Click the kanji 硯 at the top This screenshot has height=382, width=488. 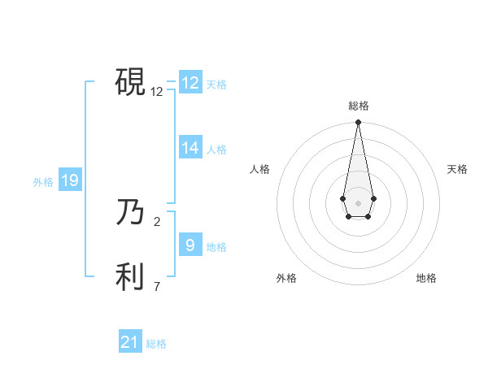click(130, 81)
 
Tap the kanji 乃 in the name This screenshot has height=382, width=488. click(130, 213)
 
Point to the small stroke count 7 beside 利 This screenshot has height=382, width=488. click(157, 286)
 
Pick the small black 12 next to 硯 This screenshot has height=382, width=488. click(157, 92)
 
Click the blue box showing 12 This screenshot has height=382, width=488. click(190, 83)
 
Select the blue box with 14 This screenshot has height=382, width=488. click(190, 148)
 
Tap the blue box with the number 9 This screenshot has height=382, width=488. click(190, 245)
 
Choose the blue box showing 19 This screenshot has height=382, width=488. click(70, 180)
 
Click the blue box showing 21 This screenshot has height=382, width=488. click(130, 342)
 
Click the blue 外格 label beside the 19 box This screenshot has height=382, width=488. click(43, 182)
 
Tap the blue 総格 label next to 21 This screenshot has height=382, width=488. click(156, 344)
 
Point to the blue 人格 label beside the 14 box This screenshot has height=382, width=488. click(216, 150)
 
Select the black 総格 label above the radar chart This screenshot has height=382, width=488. click(359, 106)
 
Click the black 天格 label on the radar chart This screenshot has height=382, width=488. click(457, 169)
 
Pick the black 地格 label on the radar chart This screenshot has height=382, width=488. click(426, 278)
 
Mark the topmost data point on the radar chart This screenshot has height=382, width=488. click(358, 123)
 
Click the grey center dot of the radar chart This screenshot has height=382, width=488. click(358, 202)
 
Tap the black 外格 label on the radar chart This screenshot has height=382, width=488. click(286, 278)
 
